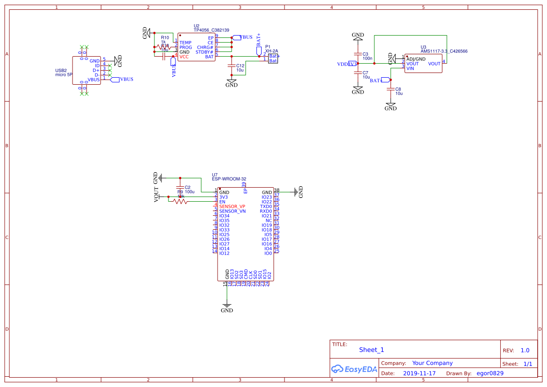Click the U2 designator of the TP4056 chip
pos(197,26)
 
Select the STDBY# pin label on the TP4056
pos(204,52)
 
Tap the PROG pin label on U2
pos(186,47)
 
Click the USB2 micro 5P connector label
pos(64,73)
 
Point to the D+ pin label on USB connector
pos(96,70)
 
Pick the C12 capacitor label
pos(240,66)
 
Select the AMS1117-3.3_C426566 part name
pos(444,51)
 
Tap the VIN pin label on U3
pos(410,68)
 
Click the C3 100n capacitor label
pos(367,56)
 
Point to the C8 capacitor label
pos(398,89)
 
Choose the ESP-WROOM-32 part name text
pos(229,179)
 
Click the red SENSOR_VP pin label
pos(232,206)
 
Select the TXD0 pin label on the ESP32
pos(266,206)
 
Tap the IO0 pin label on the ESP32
pos(268,253)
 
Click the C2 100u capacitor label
pos(189,190)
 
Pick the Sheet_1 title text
pos(371,350)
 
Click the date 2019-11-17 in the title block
pos(419,373)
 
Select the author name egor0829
pos(490,373)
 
